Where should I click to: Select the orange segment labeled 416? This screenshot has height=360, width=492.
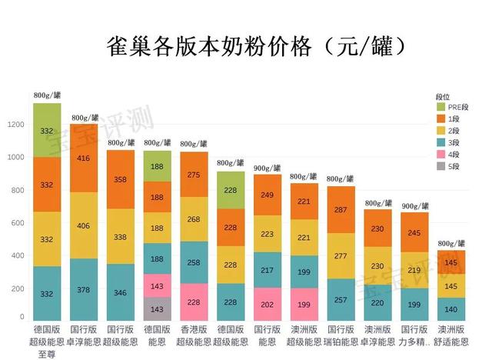[84, 158]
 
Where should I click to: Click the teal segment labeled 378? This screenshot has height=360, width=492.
[84, 289]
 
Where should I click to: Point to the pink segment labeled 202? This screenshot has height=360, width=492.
[268, 304]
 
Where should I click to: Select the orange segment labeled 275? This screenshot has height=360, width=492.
[194, 174]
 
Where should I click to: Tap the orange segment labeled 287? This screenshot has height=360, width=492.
[341, 209]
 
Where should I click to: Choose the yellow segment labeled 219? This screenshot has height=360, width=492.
[415, 270]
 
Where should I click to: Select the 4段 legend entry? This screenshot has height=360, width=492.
[453, 154]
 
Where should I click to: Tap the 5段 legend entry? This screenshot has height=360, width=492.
[453, 165]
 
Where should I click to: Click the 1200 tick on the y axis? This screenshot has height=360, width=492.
[16, 124]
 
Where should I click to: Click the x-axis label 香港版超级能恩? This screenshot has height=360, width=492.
[194, 335]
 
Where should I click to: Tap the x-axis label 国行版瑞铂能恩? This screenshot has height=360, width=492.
[341, 335]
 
